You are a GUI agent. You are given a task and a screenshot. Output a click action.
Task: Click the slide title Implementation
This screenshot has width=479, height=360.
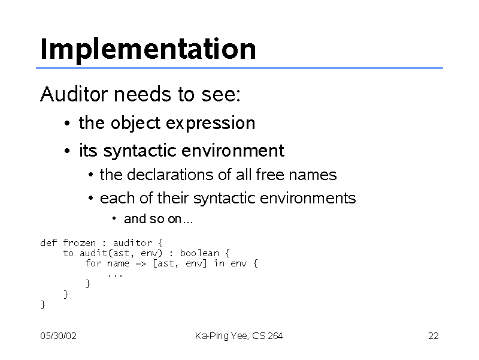point(148,50)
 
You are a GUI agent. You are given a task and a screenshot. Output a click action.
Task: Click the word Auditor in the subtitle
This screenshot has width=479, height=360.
point(74,94)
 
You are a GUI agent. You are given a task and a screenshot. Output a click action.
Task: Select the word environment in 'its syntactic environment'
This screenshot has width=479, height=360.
point(233,151)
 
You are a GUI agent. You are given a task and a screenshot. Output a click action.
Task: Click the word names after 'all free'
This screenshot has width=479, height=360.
point(313,175)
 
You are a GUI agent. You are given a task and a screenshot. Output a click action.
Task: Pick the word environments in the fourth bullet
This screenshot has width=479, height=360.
point(308,198)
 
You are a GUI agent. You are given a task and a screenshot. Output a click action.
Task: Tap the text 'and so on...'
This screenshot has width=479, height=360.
point(158,219)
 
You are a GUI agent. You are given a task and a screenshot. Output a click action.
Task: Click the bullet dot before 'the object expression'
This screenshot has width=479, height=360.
point(67,124)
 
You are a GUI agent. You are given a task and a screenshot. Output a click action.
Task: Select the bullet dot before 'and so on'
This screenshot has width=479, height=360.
point(114,218)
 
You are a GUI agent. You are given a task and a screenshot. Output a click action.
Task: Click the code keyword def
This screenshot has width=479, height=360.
point(48,243)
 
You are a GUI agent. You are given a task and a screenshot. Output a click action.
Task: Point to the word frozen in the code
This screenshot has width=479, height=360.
point(80,243)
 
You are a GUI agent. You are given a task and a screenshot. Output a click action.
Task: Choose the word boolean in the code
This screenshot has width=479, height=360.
point(199,253)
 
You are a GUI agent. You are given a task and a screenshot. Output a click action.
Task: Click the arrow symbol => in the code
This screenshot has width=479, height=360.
point(141,264)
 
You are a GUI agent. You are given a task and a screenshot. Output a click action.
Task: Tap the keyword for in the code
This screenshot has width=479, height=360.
point(93,263)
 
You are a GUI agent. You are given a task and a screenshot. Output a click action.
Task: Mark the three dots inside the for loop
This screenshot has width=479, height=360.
point(115,276)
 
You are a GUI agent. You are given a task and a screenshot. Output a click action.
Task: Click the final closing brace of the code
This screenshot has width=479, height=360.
point(43,305)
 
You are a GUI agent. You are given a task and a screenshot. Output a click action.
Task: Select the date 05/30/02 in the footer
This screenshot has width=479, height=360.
point(58,336)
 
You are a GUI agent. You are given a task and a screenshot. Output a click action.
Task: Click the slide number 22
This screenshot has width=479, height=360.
point(433,336)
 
